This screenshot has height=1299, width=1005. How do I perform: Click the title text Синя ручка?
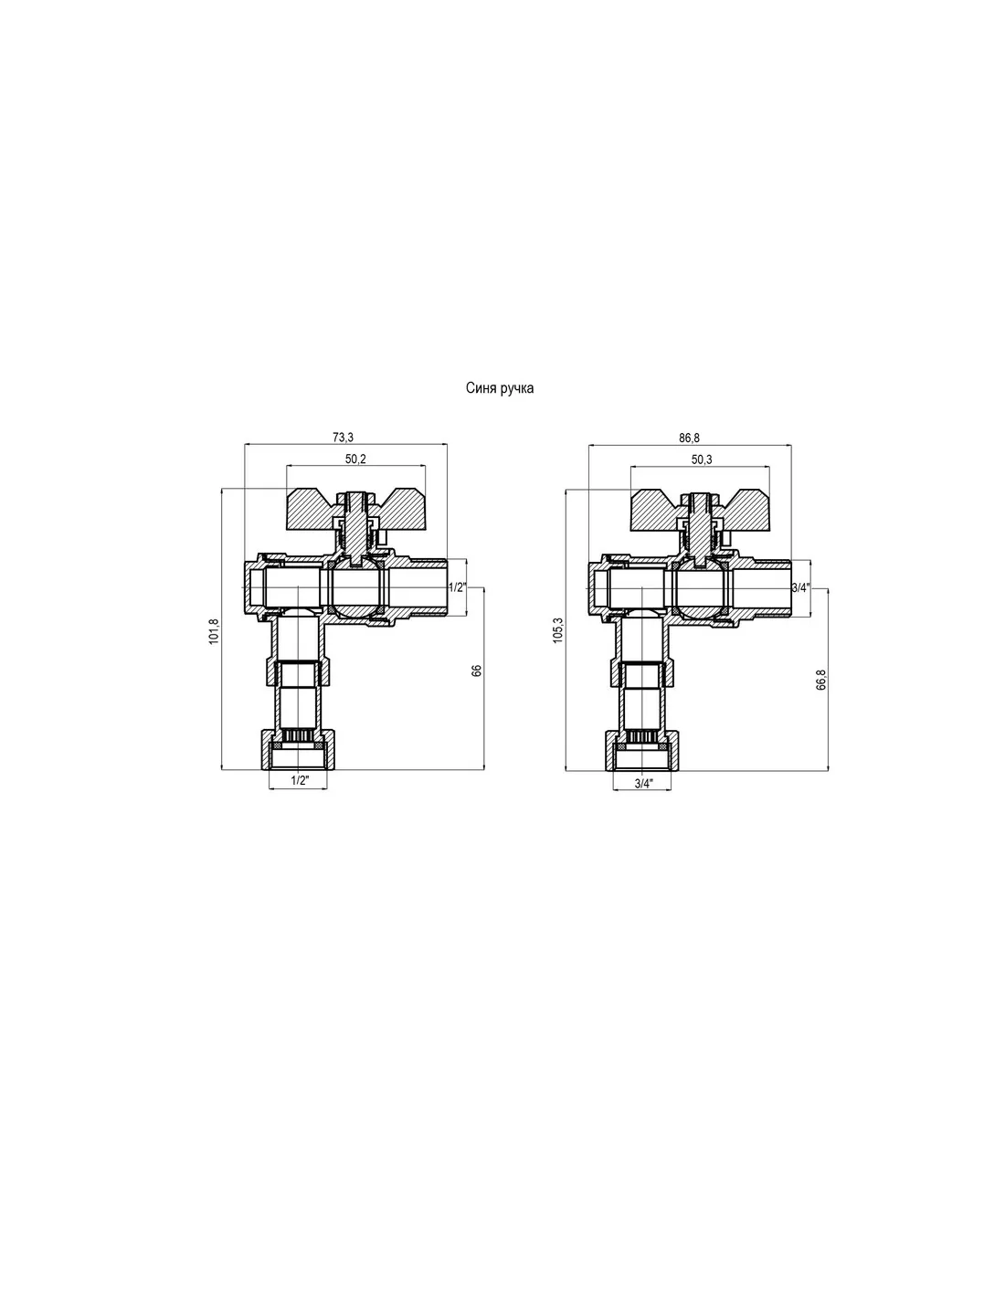point(499,388)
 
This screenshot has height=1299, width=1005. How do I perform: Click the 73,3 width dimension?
point(344,438)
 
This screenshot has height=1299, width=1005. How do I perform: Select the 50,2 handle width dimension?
point(355,459)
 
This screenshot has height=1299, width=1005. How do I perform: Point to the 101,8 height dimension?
point(214,630)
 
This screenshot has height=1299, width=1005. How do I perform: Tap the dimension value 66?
point(477,671)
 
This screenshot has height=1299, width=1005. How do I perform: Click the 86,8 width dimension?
point(689,438)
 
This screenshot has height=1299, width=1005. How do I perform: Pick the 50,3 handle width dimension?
point(702,459)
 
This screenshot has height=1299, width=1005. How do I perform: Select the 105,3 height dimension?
point(558,630)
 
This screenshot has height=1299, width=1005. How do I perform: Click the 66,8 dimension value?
point(820,681)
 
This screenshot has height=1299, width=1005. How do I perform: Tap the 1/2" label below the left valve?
point(300,781)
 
